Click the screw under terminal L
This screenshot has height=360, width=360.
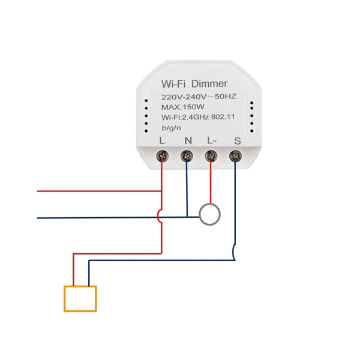[163, 157]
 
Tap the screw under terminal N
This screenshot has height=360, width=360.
[187, 157]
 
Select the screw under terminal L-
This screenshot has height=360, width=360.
[211, 157]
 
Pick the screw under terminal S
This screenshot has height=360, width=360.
[235, 157]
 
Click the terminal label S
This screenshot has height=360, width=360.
[238, 141]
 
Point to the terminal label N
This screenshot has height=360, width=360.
[188, 140]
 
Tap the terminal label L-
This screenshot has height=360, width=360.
[212, 140]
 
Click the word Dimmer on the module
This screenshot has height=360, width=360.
[209, 83]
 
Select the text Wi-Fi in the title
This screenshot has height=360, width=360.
[173, 84]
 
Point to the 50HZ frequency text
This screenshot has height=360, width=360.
[226, 97]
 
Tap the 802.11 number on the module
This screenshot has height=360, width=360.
[223, 117]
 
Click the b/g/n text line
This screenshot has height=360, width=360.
[171, 128]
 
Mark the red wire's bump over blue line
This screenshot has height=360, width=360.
[158, 216]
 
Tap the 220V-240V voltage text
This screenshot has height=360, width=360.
[184, 97]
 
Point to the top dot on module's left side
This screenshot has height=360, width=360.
[146, 101]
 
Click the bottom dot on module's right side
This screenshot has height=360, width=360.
[252, 131]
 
